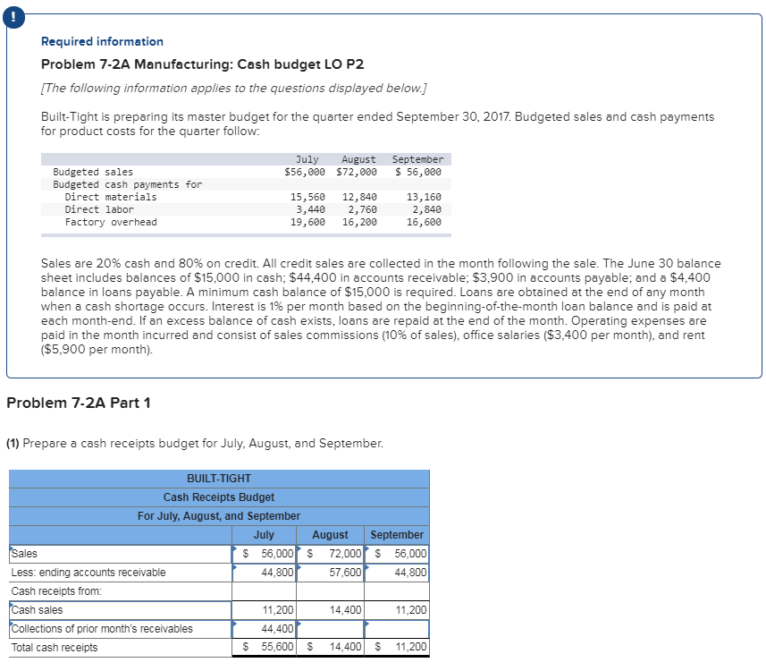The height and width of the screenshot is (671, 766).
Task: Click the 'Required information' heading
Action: [102, 42]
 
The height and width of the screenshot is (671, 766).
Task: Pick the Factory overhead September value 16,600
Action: [424, 222]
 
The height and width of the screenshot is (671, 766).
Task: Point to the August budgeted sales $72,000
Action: [357, 172]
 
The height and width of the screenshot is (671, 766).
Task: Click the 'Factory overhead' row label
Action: [111, 222]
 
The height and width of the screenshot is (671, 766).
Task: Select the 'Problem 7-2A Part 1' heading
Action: [79, 403]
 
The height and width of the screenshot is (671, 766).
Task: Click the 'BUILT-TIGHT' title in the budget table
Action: [219, 479]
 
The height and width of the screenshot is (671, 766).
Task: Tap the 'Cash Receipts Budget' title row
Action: [219, 497]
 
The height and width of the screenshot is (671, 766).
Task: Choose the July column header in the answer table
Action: [264, 535]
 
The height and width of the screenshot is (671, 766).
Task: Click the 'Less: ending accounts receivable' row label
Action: [88, 573]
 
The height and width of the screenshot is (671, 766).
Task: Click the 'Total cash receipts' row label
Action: [55, 648]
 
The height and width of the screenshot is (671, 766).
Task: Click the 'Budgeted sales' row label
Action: [93, 172]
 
